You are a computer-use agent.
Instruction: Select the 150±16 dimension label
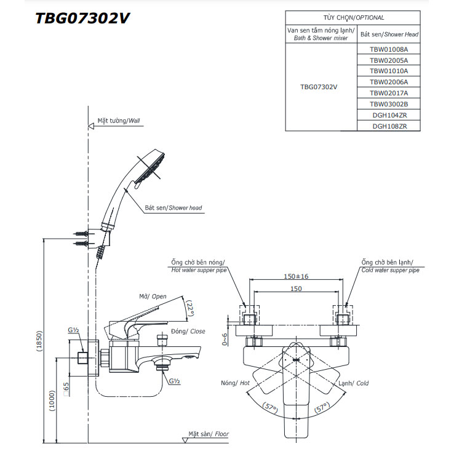pos(297,276)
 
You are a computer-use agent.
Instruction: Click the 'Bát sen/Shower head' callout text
pos(173,208)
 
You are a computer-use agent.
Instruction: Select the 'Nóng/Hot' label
pos(234,383)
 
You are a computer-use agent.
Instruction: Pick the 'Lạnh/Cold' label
pos(354,383)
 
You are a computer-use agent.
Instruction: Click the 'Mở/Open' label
pos(153,296)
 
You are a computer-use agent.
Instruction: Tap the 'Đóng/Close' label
pos(189,332)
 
